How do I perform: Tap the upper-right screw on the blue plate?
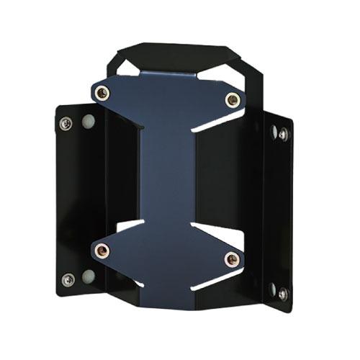click(232, 99)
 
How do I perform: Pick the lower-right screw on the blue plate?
click(231, 258)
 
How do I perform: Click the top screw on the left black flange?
click(66, 123)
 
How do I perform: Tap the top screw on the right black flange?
click(283, 134)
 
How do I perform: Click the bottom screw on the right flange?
click(282, 293)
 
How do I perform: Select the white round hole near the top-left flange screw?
click(88, 120)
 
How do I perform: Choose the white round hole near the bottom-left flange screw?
click(88, 276)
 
